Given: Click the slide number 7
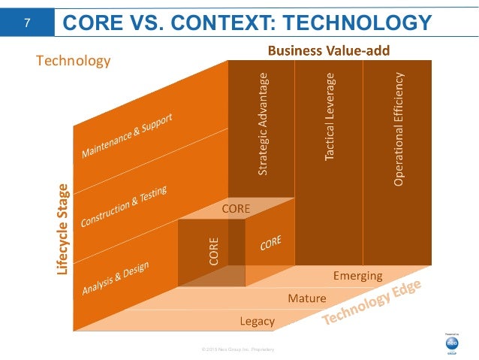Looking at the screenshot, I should (x=27, y=23).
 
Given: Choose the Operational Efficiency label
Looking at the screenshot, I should (x=398, y=129).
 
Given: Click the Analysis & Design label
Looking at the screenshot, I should (x=115, y=278).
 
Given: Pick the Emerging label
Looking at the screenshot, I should (x=357, y=276).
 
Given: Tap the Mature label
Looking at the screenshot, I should (x=307, y=298).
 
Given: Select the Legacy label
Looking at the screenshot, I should (x=257, y=322).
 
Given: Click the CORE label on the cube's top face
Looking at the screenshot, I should (x=236, y=207).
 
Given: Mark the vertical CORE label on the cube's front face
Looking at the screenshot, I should (x=214, y=253).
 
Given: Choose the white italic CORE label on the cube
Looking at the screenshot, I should (x=270, y=244).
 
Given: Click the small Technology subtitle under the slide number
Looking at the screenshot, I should (x=74, y=59).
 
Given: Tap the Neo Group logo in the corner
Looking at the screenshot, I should (x=452, y=342).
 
